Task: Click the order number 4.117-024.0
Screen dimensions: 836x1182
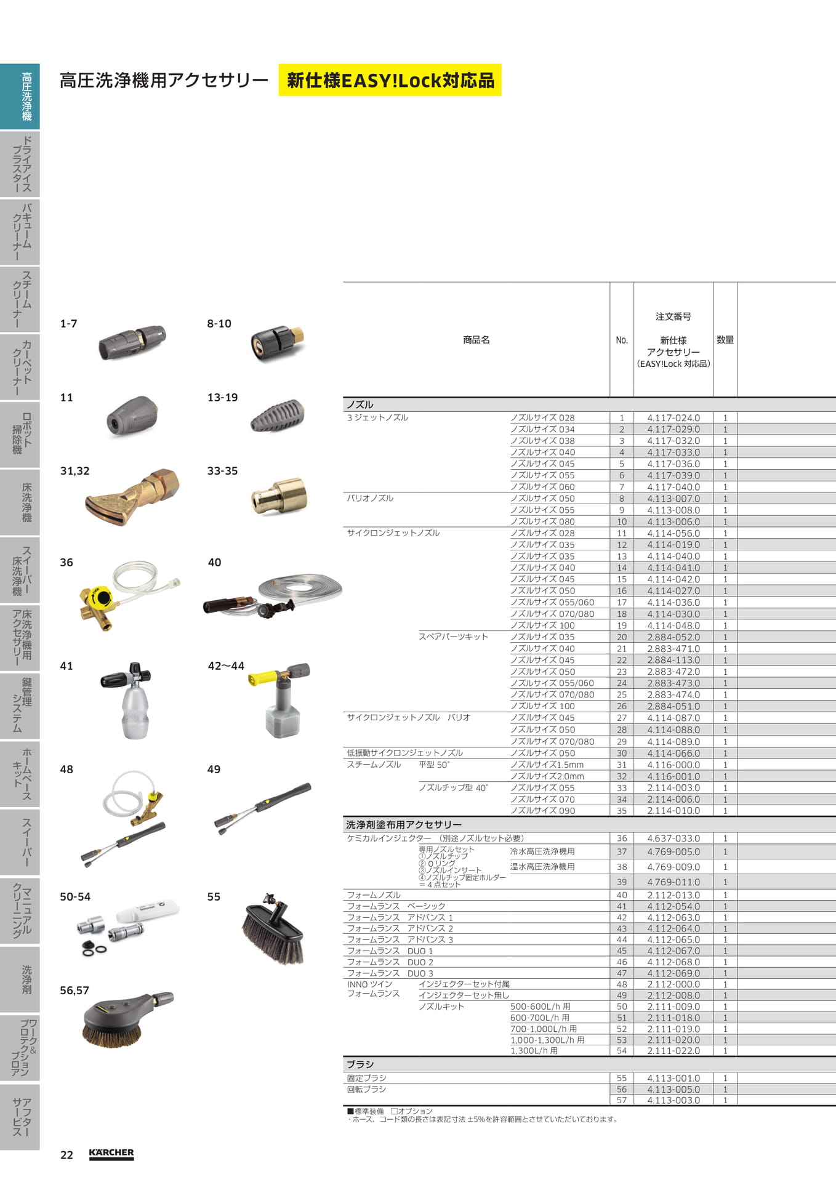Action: (673, 418)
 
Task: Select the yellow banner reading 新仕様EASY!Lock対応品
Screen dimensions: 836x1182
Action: (390, 80)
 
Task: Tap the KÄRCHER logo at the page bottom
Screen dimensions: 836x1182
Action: (111, 1154)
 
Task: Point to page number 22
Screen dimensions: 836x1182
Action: (66, 1155)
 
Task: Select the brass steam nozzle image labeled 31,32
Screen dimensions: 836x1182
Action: (132, 497)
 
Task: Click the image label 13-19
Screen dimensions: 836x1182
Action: (222, 398)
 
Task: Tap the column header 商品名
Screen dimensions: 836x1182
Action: (476, 340)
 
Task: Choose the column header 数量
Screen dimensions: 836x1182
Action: (725, 340)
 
